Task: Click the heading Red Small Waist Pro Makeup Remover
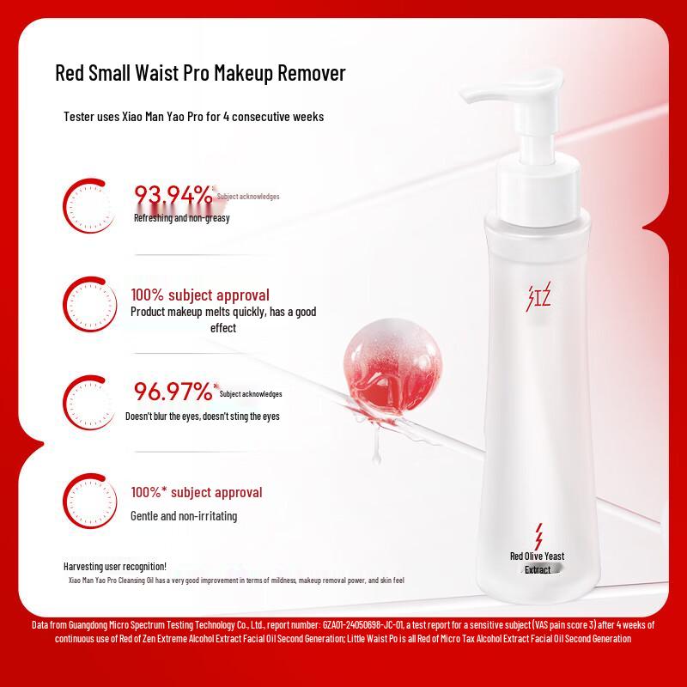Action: (x=200, y=73)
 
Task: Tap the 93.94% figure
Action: (x=173, y=196)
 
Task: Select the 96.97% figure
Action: (x=173, y=392)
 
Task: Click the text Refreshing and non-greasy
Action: (x=181, y=218)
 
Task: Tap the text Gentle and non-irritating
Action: (x=184, y=516)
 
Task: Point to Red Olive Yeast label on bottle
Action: (x=537, y=556)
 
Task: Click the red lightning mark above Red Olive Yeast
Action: (x=538, y=536)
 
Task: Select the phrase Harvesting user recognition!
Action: (x=115, y=566)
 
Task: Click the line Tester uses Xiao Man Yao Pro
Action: (x=194, y=117)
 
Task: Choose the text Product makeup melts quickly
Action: (x=223, y=313)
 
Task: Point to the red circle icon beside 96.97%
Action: (x=89, y=400)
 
